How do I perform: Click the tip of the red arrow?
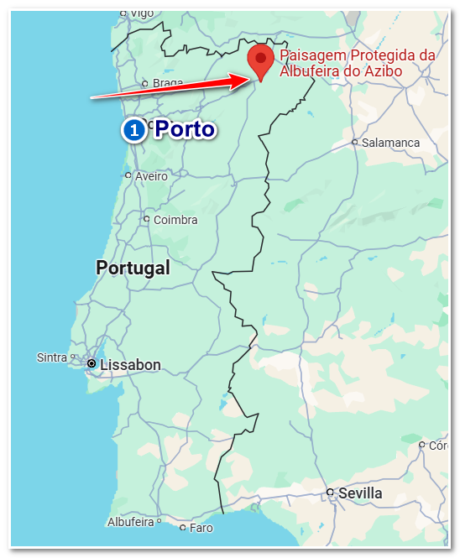pos(249,80)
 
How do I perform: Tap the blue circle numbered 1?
pos(133,130)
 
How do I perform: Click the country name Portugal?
pos(133,268)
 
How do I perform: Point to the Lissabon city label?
pos(130,365)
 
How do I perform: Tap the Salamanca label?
pos(390,143)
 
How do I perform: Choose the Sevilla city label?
pos(360,493)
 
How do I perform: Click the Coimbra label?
pos(175,220)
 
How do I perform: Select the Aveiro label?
pos(151,176)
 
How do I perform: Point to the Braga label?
pos(168,83)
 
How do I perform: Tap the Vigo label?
pos(142,13)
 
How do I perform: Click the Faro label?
pos(201,528)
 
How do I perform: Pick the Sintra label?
pos(52,357)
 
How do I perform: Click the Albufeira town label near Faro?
pos(130,522)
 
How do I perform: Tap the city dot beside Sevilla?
pos(331,493)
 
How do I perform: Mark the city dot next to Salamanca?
pos(355,143)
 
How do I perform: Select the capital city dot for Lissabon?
pos(91,363)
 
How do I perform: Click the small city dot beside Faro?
pos(183,528)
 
